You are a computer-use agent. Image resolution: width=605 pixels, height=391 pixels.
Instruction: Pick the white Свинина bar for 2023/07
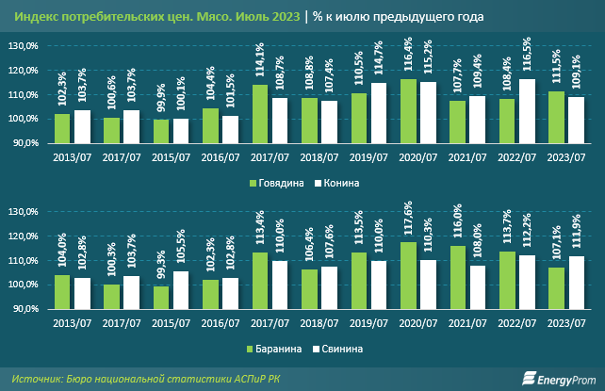coord(570,282)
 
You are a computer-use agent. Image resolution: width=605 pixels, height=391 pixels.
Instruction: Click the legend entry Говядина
coord(278,182)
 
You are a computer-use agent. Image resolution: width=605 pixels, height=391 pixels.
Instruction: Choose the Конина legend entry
coord(339,182)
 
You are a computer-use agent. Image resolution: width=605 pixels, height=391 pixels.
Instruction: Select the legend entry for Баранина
coord(278,348)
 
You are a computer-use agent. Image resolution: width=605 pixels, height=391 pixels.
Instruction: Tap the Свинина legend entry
coord(340,348)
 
